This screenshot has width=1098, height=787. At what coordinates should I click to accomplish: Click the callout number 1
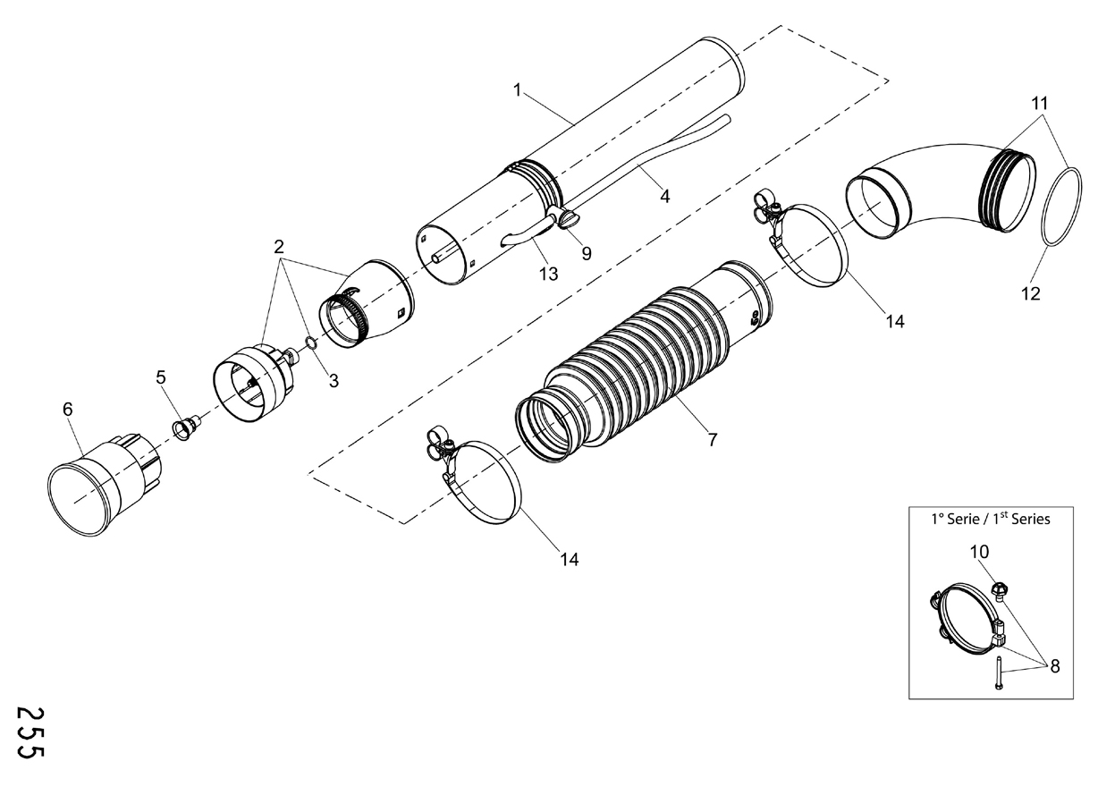517,90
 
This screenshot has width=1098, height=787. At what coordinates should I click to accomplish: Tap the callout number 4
664,196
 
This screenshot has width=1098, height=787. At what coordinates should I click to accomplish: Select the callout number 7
713,440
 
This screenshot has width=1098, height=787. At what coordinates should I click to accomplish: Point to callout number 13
548,274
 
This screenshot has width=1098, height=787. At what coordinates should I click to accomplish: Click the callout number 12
1030,293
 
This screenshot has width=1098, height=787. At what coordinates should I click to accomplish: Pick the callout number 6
68,409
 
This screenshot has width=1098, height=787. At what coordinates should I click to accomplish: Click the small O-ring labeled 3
311,343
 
